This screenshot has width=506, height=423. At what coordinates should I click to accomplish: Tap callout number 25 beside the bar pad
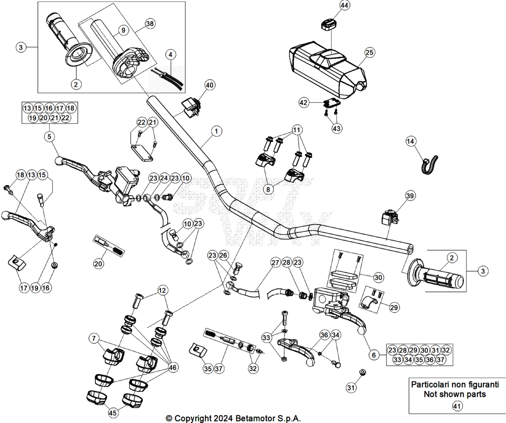click(370, 52)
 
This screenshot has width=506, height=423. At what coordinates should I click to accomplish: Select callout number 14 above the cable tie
click(411, 141)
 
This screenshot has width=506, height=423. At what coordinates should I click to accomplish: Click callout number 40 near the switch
click(210, 85)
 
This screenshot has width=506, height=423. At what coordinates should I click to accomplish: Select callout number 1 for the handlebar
click(216, 131)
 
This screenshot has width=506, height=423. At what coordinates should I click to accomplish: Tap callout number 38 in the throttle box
click(150, 24)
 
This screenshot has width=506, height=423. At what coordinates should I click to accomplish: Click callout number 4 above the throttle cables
click(170, 54)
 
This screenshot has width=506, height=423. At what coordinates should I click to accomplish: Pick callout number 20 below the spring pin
click(98, 264)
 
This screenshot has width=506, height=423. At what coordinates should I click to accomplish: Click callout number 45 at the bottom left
click(112, 412)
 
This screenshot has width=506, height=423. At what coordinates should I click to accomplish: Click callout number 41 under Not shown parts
click(457, 406)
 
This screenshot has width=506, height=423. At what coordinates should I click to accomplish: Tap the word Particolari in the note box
click(428, 385)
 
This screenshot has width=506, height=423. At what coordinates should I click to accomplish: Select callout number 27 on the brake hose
click(275, 263)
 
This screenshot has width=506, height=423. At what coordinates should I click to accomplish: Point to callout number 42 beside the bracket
click(304, 103)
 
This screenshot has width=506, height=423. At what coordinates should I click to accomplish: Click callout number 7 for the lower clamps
click(94, 338)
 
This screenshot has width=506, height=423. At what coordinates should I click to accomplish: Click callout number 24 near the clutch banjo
click(164, 178)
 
